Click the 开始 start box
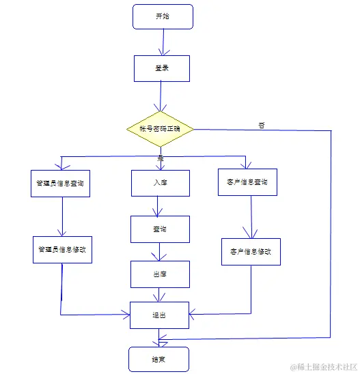pyautogui.click(x=163, y=17)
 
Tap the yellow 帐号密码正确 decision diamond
pyautogui.click(x=161, y=129)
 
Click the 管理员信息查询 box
pyautogui.click(x=60, y=183)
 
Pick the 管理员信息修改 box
pyautogui.click(x=62, y=249)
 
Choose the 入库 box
pyautogui.click(x=160, y=183)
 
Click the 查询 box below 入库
pyautogui.click(x=160, y=229)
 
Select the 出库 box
pyautogui.click(x=160, y=274)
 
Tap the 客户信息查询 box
pyautogui.click(x=247, y=182)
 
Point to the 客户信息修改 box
pyautogui.click(x=251, y=251)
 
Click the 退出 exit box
pyautogui.click(x=159, y=315)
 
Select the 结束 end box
pyautogui.click(x=158, y=358)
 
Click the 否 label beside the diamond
pyautogui.click(x=262, y=125)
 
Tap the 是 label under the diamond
pyautogui.click(x=162, y=158)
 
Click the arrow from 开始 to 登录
pyautogui.click(x=163, y=42)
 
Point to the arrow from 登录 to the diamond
pyautogui.click(x=160, y=96)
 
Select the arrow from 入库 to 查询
pyautogui.click(x=158, y=205)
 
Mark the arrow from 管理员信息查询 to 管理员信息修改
pyautogui.click(x=61, y=216)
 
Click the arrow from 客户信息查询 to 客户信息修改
pyautogui.click(x=251, y=217)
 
